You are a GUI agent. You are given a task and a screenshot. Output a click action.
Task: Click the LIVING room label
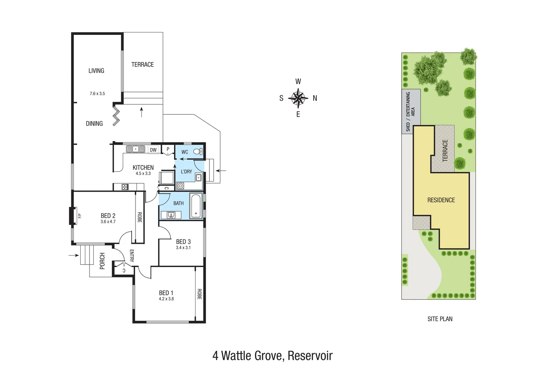pos(96,71)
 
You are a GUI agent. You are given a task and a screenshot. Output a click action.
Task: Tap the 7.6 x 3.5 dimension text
pos(97,94)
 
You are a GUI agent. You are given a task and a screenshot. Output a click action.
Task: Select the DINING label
pos(94,124)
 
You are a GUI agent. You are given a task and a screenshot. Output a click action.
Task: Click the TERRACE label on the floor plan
pos(142,65)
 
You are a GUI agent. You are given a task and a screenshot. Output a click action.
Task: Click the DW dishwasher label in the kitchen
pos(153,150)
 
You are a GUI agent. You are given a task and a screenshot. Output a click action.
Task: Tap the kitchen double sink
pos(136,149)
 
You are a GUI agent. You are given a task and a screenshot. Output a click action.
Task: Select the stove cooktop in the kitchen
pos(125,186)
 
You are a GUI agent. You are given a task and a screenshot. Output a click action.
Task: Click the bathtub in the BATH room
pos(196,206)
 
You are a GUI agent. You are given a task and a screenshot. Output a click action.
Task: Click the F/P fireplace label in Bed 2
pos(80,216)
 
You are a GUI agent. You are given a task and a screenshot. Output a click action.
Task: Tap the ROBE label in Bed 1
pos(199,294)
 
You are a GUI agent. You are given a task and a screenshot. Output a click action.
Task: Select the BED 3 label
pos(183,242)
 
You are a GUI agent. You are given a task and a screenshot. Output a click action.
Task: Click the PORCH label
pos(102,261)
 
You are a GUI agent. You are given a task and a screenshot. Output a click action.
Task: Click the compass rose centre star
pos(298,98)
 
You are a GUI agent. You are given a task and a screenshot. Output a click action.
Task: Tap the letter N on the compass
pos(315,98)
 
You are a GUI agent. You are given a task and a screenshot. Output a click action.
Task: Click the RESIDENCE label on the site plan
pos(441,200)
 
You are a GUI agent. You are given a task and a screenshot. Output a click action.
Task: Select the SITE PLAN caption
pos(440,319)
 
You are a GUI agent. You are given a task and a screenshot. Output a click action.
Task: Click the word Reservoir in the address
pos(310,355)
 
